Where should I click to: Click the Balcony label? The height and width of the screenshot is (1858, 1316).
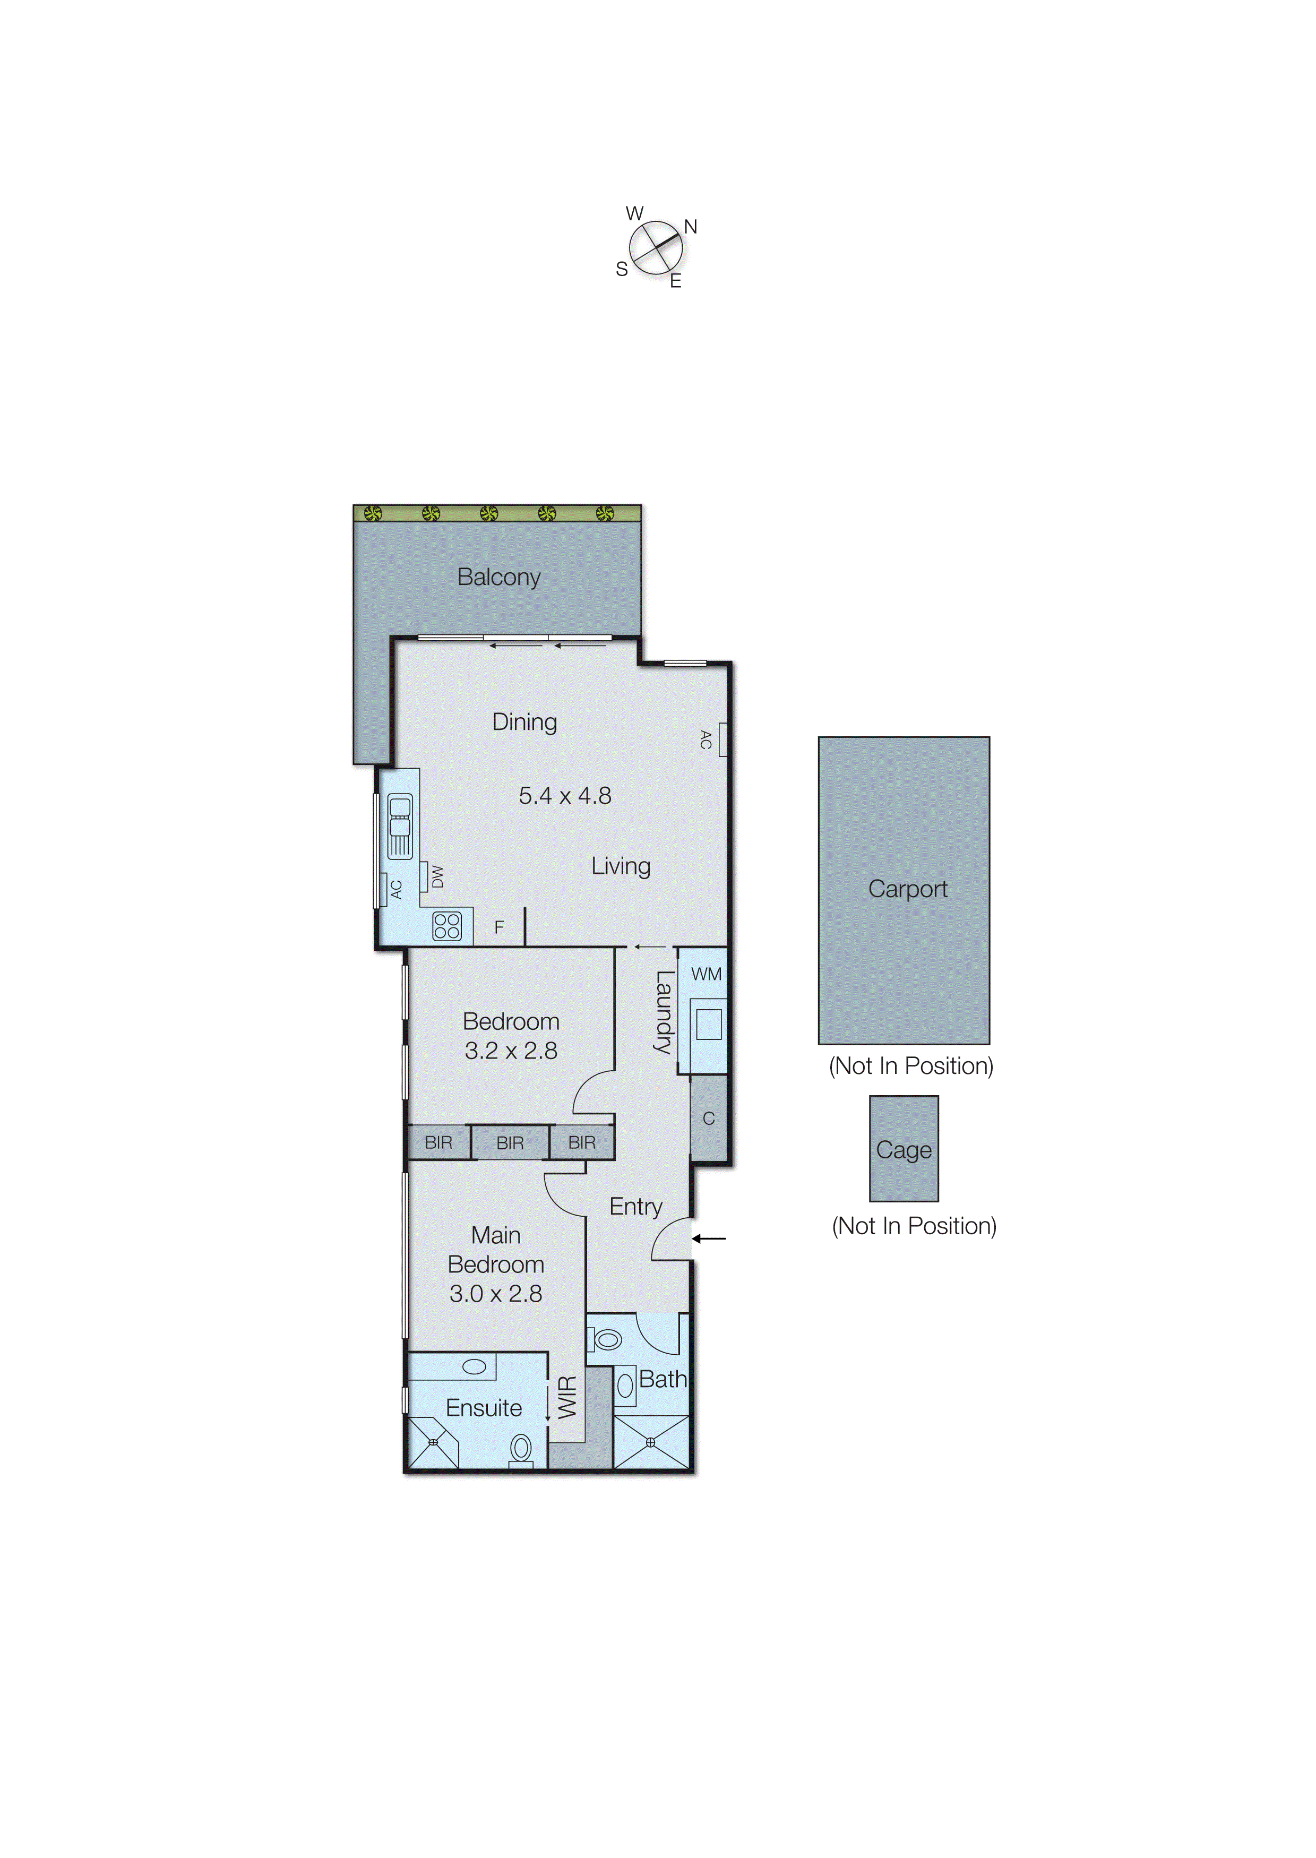pos(498,577)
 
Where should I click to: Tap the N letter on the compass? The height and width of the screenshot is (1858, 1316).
pos(691,227)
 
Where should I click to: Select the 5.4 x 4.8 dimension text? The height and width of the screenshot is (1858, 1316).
pos(565,796)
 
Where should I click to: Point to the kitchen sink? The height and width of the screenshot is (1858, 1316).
pos(400,825)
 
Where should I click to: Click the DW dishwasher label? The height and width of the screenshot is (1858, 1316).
pos(437,876)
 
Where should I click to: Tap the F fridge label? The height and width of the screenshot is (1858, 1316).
pos(499,927)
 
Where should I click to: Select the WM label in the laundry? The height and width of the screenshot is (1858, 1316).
pos(706,974)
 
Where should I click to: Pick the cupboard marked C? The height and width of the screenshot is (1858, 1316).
pos(708,1118)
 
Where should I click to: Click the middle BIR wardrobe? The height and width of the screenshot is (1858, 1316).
pos(510,1142)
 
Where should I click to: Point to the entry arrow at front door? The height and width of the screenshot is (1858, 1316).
pos(709,1238)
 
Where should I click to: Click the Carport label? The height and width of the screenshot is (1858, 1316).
pos(908,889)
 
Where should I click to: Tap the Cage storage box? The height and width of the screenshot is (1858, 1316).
pos(904,1149)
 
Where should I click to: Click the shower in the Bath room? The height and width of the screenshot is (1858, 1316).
pos(651,1442)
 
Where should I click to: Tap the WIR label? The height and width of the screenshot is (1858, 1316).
pos(568,1397)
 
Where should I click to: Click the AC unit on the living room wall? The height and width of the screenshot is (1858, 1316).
pos(722,739)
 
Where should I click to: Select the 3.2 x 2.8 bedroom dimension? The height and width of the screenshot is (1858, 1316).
pos(511,1051)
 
